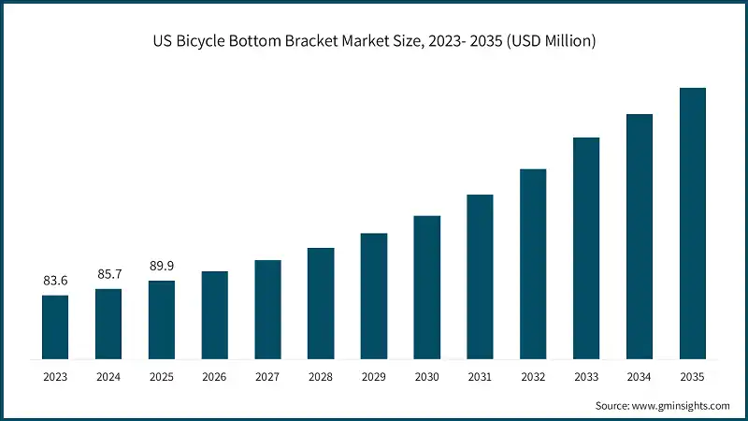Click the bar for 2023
click(x=55, y=327)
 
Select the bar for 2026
click(x=215, y=314)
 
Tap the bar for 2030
click(x=427, y=286)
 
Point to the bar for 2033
click(x=586, y=248)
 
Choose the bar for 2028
click(x=321, y=303)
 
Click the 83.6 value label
click(x=55, y=281)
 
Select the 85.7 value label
click(x=108, y=274)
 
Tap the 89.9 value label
click(x=162, y=266)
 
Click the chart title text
click(x=374, y=41)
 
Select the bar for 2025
click(x=162, y=319)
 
